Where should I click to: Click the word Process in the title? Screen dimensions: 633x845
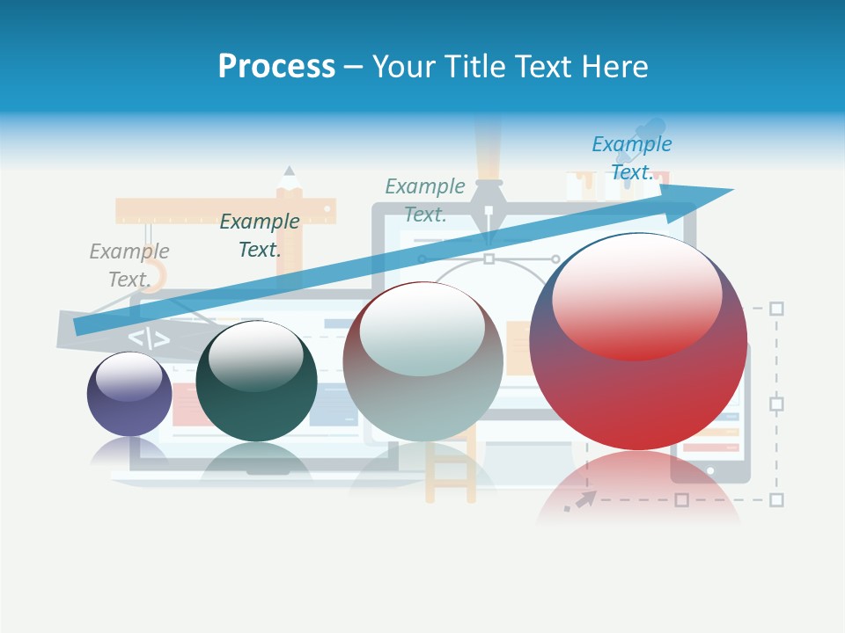point(276,66)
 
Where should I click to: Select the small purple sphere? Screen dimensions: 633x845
point(129,394)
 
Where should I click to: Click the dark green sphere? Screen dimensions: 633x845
point(255,382)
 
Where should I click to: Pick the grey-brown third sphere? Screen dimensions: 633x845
point(422,362)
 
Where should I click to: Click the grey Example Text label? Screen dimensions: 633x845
point(129,265)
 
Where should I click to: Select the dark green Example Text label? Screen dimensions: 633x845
point(260,236)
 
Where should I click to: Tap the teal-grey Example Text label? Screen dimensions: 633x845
point(425,200)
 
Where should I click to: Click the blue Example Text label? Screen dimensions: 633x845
point(631,157)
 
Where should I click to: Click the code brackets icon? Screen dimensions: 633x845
point(149,338)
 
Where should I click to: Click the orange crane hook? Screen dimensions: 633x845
point(158,264)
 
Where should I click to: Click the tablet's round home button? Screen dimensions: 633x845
point(710,470)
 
